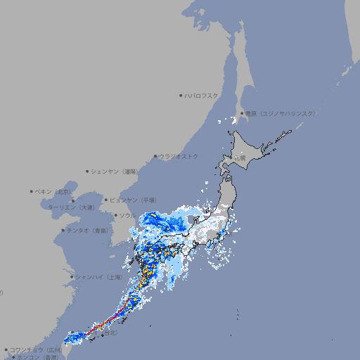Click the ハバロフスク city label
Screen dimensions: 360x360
(202, 95)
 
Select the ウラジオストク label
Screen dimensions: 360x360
(179, 156)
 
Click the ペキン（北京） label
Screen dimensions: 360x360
(53, 191)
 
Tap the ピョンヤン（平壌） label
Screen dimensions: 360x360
(138, 200)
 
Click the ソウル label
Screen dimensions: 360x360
(127, 215)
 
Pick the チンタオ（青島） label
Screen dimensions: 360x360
(87, 230)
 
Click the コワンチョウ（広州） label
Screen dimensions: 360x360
(35, 349)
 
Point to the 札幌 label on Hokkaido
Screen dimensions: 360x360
(240, 158)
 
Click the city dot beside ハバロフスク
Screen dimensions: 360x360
(181, 95)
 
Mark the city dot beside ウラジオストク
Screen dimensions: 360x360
(155, 156)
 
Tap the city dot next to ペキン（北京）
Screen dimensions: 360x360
(32, 191)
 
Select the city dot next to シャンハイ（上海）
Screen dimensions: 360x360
(72, 276)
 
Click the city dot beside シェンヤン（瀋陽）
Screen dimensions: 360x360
(87, 171)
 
